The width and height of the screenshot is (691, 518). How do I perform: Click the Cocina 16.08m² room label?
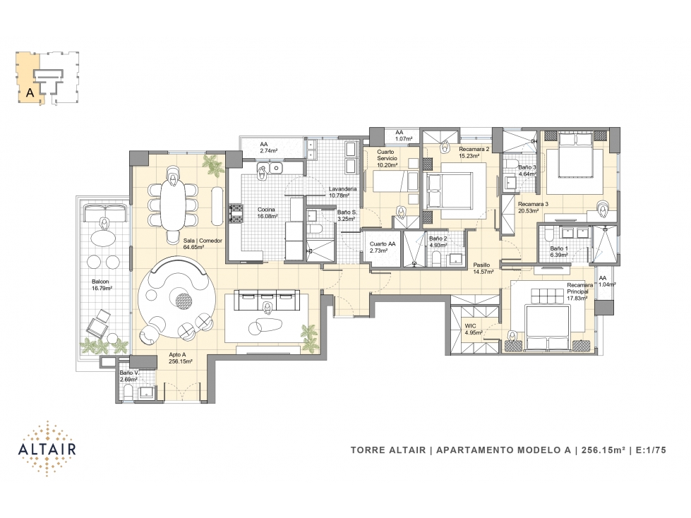267,212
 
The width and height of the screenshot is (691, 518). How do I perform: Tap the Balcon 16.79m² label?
102,284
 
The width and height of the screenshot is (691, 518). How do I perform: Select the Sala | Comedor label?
203,241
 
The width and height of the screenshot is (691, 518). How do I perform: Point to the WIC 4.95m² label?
474,330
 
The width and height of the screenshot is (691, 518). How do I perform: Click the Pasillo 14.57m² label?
483,268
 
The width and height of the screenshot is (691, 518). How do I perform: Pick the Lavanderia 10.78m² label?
342,192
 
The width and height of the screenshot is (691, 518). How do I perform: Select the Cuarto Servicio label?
387,155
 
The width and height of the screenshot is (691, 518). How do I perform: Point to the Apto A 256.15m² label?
180,358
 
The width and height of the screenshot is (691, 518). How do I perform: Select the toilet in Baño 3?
510,164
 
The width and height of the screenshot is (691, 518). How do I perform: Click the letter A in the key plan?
30,92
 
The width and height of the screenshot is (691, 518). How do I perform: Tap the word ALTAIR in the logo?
47,449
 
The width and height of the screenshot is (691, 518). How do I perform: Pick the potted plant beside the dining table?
215,166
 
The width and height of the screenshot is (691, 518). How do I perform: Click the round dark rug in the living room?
184,301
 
